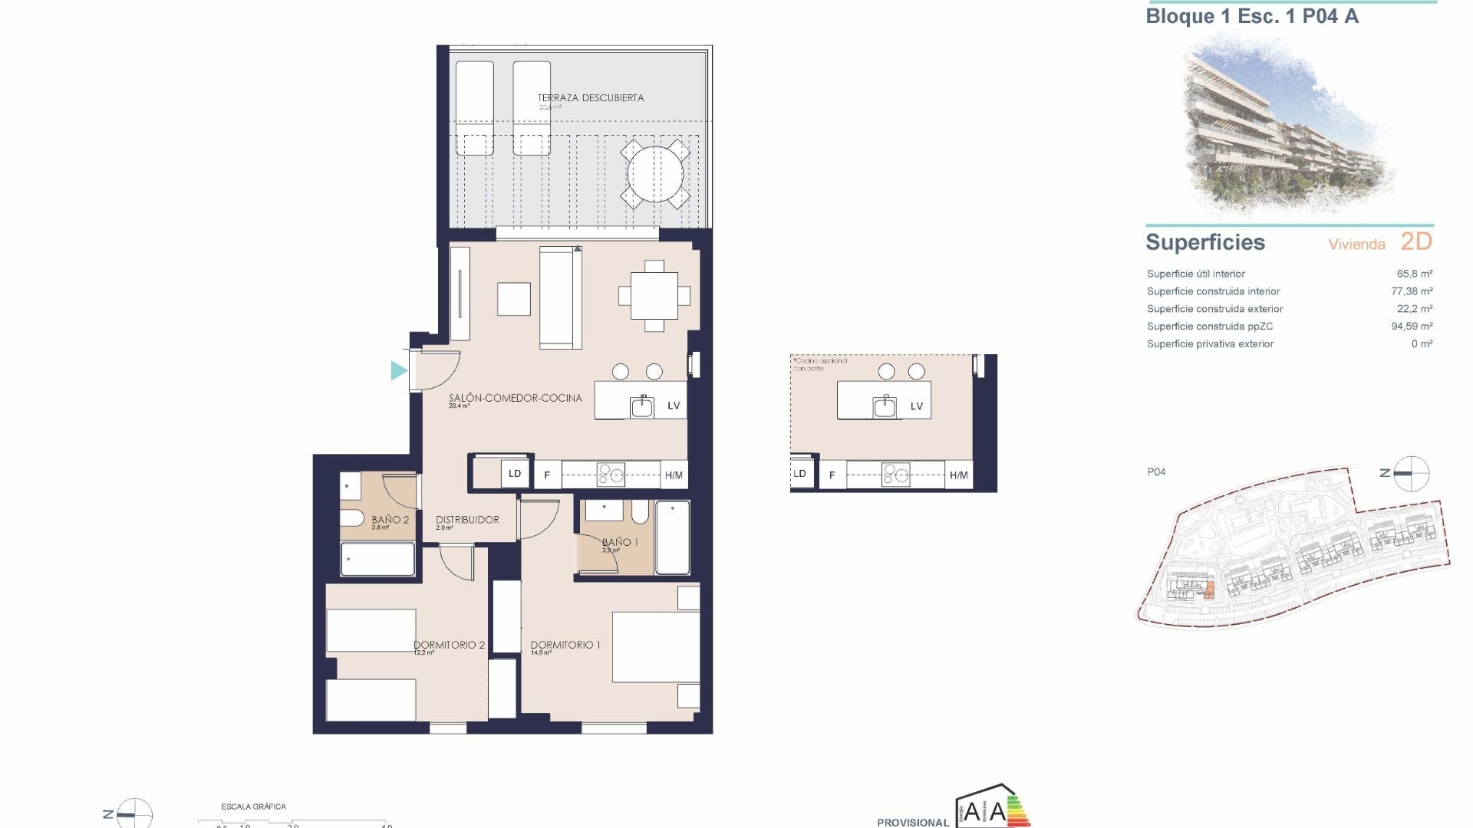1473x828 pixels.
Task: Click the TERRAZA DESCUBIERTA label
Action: pyautogui.click(x=590, y=98)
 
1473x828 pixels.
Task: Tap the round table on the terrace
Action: pyautogui.click(x=655, y=173)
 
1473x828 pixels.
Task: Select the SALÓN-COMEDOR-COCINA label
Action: pyautogui.click(x=515, y=398)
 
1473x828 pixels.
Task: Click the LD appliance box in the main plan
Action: pyautogui.click(x=515, y=474)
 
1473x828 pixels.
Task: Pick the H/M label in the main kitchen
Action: pyautogui.click(x=674, y=475)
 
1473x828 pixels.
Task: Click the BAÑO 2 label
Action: pyautogui.click(x=390, y=520)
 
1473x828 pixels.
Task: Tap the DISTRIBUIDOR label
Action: pyautogui.click(x=467, y=520)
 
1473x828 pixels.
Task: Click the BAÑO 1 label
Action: pyautogui.click(x=620, y=542)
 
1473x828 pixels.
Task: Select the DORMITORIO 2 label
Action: pyautogui.click(x=449, y=645)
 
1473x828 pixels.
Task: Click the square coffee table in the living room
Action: pyautogui.click(x=514, y=299)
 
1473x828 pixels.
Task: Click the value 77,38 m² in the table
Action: pyautogui.click(x=1412, y=291)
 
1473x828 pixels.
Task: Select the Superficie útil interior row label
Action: pyautogui.click(x=1195, y=274)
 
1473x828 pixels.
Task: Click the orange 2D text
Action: pyautogui.click(x=1416, y=242)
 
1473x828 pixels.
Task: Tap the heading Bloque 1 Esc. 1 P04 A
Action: pyautogui.click(x=1251, y=17)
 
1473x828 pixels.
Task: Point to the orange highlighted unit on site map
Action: pyautogui.click(x=1209, y=590)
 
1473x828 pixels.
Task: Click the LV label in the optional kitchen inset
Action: pyautogui.click(x=916, y=406)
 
